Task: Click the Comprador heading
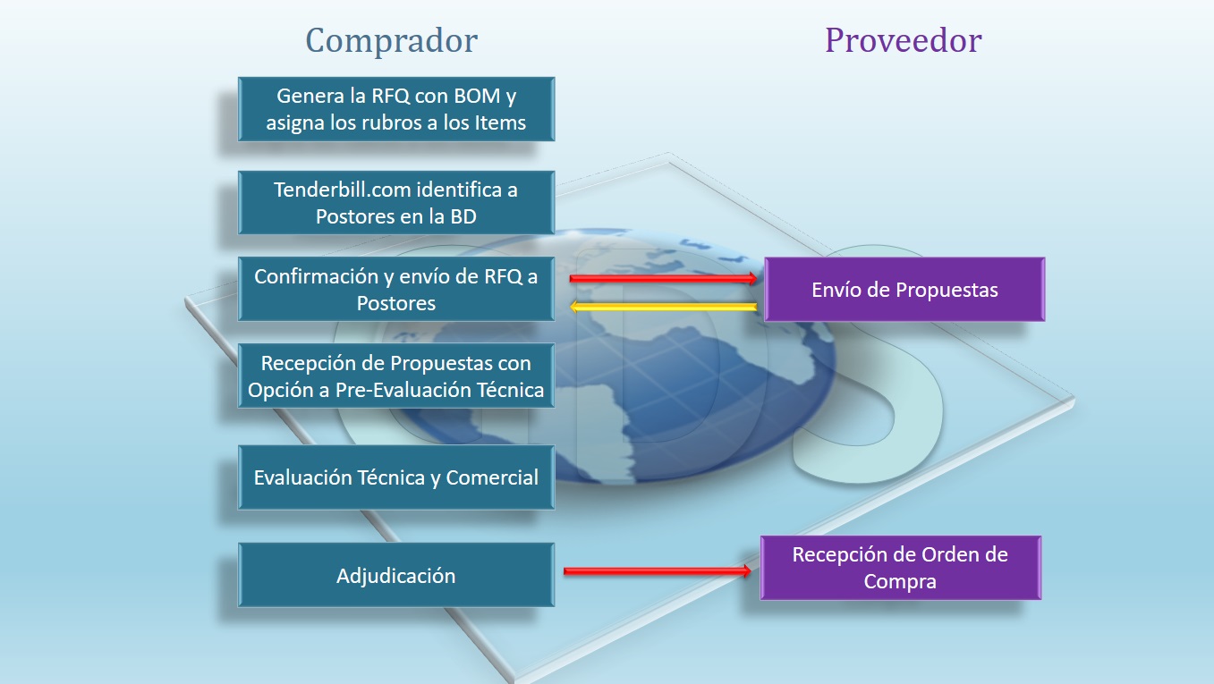tap(391, 41)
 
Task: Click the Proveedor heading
tap(903, 41)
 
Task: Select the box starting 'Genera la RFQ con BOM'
tap(396, 109)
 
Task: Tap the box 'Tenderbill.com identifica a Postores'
tap(396, 203)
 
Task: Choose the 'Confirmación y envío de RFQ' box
tap(396, 289)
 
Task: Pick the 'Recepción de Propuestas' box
tap(396, 376)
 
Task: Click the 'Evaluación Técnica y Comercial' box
tap(396, 477)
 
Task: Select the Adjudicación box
tap(396, 575)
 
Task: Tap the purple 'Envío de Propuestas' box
tap(904, 290)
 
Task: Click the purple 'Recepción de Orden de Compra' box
tap(900, 568)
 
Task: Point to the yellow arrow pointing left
tap(664, 308)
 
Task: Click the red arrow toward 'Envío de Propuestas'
tap(664, 279)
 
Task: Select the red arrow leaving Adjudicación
tap(658, 570)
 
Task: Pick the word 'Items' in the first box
tap(500, 122)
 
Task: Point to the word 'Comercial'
tap(492, 477)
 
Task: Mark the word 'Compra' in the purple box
tap(899, 581)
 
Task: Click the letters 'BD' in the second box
tap(463, 216)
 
